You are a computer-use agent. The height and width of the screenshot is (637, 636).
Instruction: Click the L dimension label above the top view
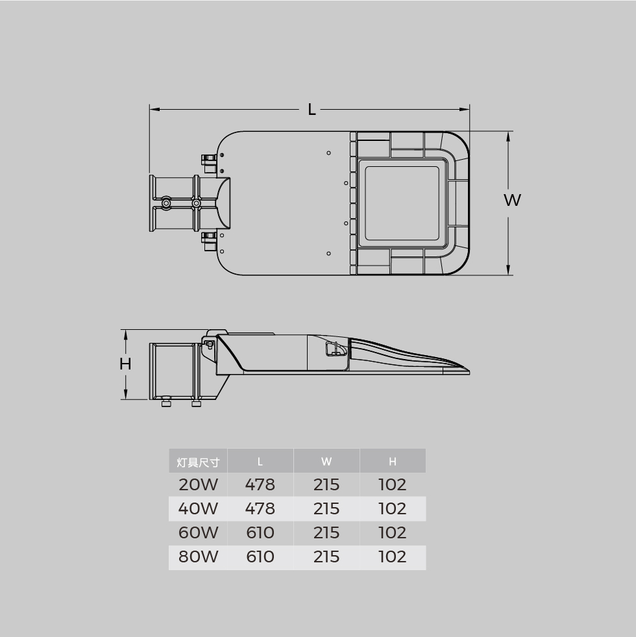coord(312,109)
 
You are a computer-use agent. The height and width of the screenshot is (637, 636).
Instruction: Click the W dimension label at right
coord(512,200)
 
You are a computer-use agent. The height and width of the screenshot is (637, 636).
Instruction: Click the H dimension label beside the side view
coord(125,364)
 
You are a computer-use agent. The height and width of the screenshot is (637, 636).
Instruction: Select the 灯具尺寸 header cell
coord(198,462)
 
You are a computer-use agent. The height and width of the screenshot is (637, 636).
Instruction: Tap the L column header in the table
coord(260,462)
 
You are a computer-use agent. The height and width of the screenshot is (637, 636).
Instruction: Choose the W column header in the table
coord(326,462)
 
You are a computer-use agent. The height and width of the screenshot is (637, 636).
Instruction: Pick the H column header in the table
coord(393,462)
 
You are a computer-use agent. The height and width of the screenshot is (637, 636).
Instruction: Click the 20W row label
coord(198,484)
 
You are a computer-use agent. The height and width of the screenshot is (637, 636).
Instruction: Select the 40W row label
coord(198,508)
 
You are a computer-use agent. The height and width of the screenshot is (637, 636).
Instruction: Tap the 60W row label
coord(198,532)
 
